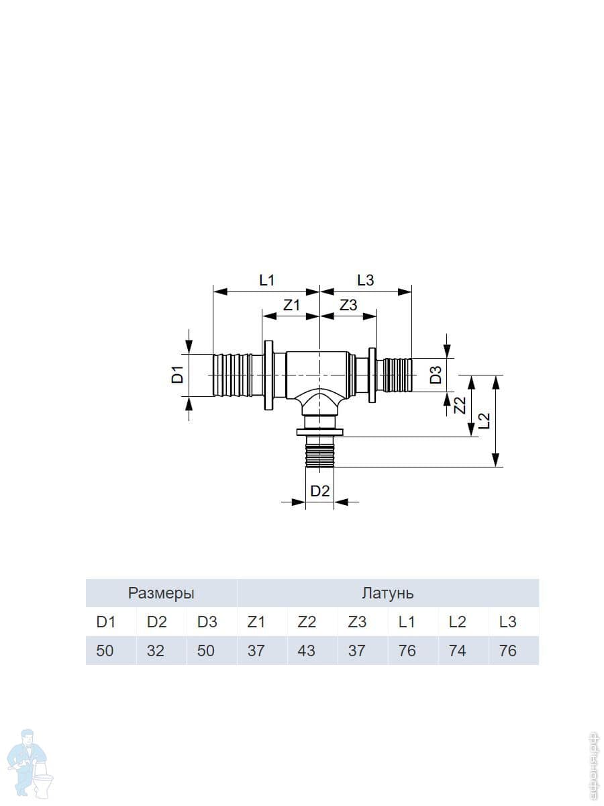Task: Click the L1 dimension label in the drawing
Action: click(267, 281)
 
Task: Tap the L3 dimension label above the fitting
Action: click(366, 281)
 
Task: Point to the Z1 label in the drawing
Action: click(292, 305)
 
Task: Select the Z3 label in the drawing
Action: click(348, 305)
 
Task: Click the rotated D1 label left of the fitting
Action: click(177, 374)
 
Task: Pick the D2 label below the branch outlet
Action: click(320, 491)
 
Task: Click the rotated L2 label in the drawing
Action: click(484, 420)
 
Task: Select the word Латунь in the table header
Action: click(388, 593)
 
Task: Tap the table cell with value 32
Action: click(155, 651)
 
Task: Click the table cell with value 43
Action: click(306, 651)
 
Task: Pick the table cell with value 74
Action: click(457, 651)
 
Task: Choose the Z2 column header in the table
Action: click(307, 622)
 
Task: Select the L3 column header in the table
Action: click(508, 622)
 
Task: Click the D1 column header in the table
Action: click(105, 622)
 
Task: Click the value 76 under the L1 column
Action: click(407, 651)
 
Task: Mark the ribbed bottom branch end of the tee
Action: click(320, 455)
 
